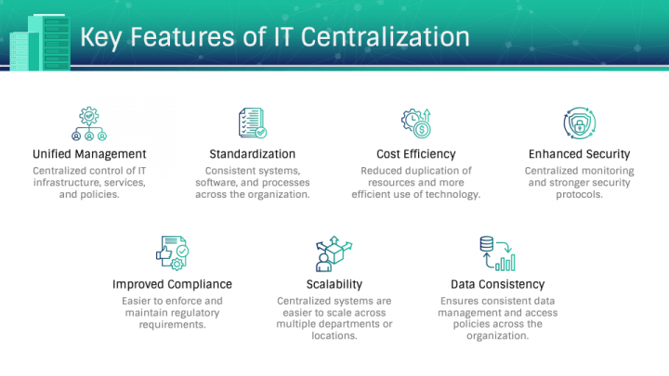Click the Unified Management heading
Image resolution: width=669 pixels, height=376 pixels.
tap(89, 153)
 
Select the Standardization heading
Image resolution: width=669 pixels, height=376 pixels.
tap(253, 153)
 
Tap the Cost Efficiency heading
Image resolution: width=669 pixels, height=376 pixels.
tap(415, 153)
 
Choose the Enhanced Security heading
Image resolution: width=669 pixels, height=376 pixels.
tap(579, 153)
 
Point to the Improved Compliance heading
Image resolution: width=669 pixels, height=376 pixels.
tap(172, 284)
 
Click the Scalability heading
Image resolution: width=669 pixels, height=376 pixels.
tap(334, 284)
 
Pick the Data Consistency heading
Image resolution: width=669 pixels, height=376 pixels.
tap(497, 284)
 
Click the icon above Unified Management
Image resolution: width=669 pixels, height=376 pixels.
tap(89, 123)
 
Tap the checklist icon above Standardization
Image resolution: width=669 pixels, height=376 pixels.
tap(253, 123)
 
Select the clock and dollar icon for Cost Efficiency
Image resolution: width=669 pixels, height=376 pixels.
tap(415, 123)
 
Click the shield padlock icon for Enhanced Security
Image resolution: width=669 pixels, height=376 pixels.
tap(579, 123)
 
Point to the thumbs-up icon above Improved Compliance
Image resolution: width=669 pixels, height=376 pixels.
tap(172, 253)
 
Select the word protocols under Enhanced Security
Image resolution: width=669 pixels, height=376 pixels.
tap(579, 194)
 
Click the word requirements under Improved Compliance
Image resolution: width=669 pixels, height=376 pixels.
tap(172, 324)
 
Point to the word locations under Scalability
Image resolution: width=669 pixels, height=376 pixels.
tap(334, 336)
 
